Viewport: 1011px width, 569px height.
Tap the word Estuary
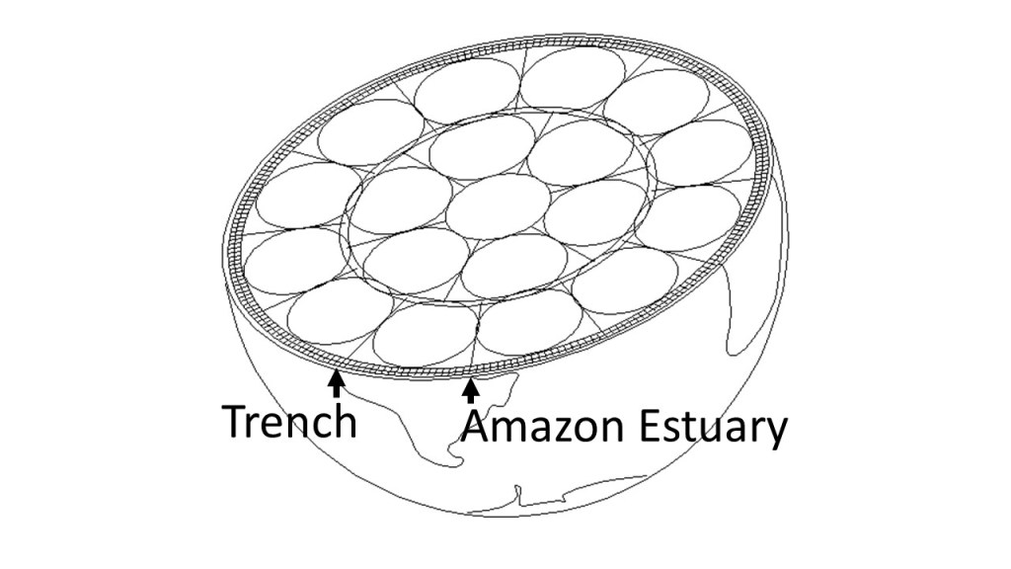coord(710,430)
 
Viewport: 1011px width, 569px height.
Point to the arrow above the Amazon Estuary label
coord(471,391)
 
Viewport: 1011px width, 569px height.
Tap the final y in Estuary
coord(776,435)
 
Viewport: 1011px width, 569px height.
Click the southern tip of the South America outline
coord(453,456)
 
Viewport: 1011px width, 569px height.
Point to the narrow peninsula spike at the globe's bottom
coord(515,490)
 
